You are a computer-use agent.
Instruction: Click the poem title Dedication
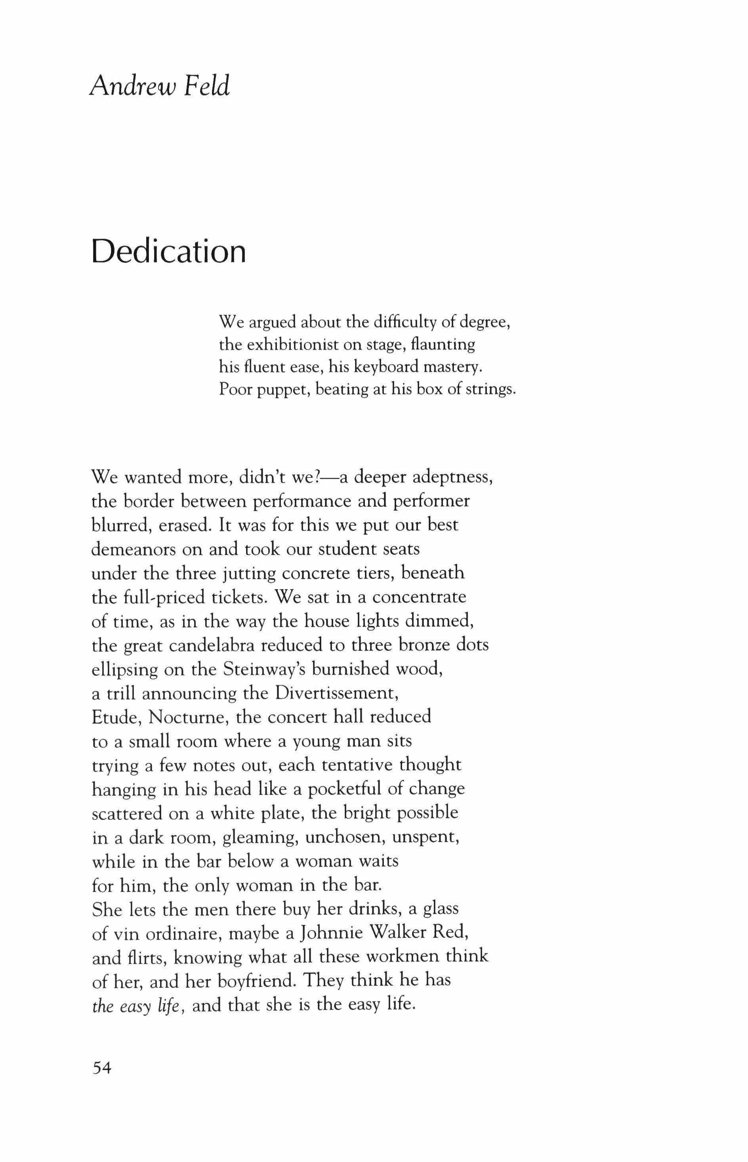[168, 251]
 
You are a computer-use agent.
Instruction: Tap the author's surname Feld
[206, 86]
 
